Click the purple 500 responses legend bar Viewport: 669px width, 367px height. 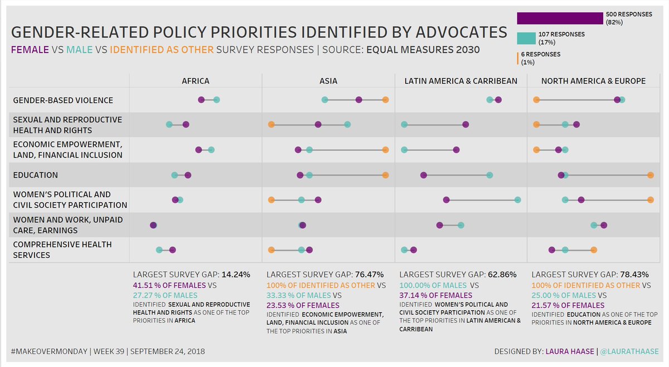coord(560,18)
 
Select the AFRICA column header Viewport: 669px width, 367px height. coord(196,81)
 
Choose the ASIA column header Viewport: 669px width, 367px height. coord(328,81)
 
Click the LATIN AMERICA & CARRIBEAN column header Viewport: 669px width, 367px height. coord(460,81)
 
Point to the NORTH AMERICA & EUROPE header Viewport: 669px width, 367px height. coord(593,81)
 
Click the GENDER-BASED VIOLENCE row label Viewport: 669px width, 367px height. coord(63,100)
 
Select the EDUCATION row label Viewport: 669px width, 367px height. coord(35,175)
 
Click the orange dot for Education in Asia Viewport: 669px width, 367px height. coord(385,175)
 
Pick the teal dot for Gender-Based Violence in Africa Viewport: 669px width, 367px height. coord(216,100)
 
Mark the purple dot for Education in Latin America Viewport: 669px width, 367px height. coord(424,175)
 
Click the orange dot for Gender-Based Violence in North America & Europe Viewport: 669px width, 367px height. coord(536,100)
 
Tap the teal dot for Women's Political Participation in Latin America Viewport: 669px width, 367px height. coord(518,199)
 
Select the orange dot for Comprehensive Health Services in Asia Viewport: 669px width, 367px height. coord(271,250)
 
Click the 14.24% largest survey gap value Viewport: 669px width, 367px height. coord(236,275)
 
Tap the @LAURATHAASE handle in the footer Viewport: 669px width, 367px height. coord(630,351)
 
